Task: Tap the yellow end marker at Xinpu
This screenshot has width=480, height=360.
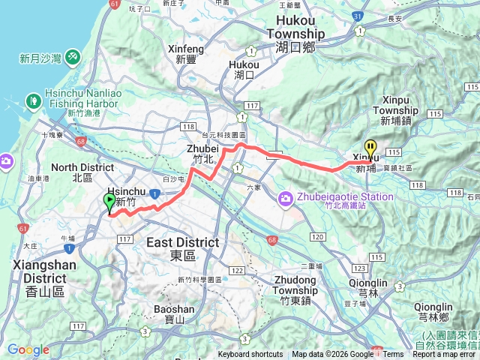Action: point(370,148)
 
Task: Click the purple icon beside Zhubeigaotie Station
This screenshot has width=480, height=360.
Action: point(285,199)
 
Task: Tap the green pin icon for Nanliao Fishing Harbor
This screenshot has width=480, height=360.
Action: point(33,100)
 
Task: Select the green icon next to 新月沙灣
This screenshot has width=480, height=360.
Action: point(73,56)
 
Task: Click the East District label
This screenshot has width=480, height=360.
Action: point(182,242)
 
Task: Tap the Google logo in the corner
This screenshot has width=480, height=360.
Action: point(28,349)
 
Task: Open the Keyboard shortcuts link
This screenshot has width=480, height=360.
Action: point(250,355)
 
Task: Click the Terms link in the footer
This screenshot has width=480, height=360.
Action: point(393,355)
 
